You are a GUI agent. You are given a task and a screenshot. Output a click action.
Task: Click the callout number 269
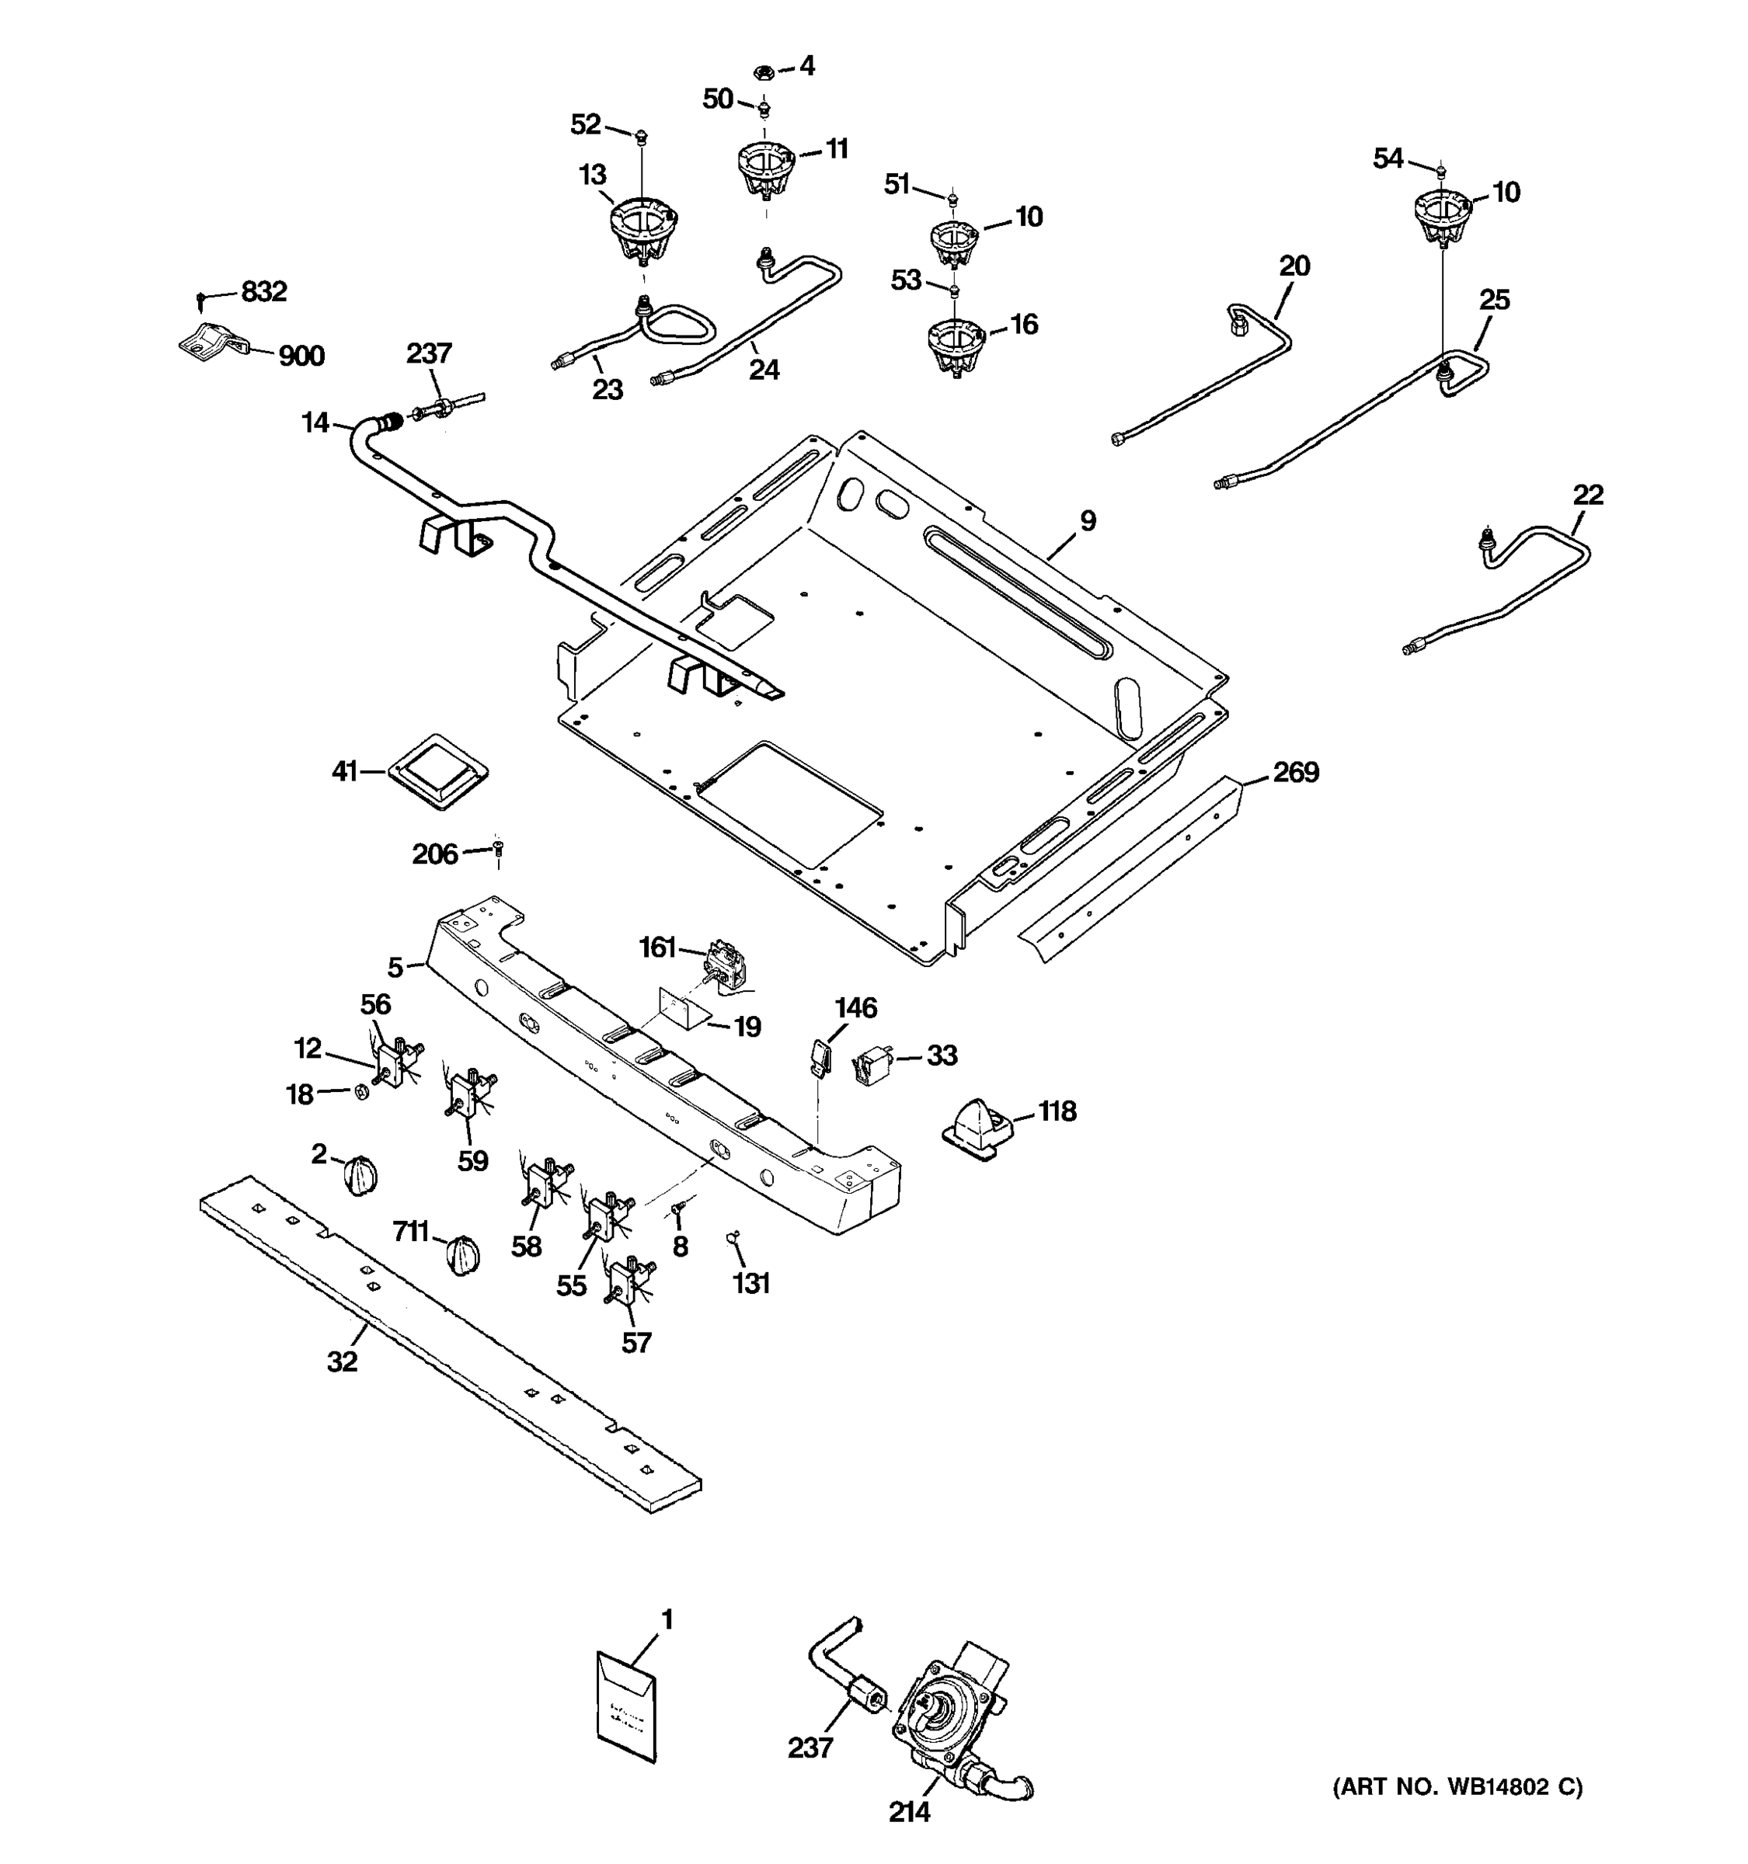point(1295,773)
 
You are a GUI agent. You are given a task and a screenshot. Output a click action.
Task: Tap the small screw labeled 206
point(498,849)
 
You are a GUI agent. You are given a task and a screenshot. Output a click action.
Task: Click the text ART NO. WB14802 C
point(1457,1787)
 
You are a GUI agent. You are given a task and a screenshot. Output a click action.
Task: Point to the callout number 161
point(657,948)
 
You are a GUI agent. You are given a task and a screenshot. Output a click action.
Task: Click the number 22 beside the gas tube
point(1588,495)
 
